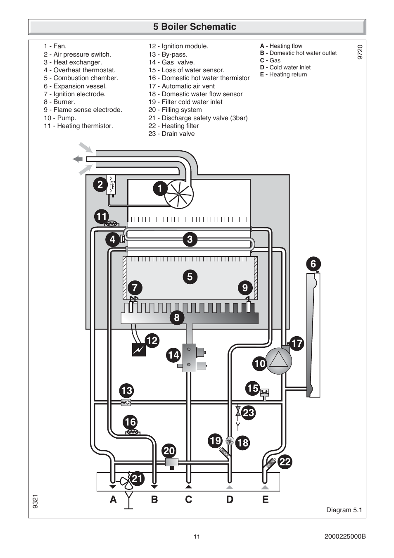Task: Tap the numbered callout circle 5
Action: (190, 277)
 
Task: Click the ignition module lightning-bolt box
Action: (139, 349)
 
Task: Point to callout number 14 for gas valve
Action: (173, 355)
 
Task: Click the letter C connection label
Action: (189, 499)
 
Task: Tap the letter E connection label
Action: (265, 499)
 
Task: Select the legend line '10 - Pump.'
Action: (60, 118)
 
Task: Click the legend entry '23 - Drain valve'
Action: (171, 134)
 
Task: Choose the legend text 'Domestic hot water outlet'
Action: (303, 53)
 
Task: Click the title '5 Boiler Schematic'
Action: (195, 27)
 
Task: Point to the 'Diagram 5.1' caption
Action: (344, 510)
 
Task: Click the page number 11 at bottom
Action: (197, 537)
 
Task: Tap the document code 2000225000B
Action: (345, 537)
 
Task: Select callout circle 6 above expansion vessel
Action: (313, 264)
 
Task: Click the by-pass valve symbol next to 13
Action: (126, 402)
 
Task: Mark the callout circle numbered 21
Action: (137, 479)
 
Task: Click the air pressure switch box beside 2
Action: (111, 184)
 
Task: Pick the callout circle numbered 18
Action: (242, 443)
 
